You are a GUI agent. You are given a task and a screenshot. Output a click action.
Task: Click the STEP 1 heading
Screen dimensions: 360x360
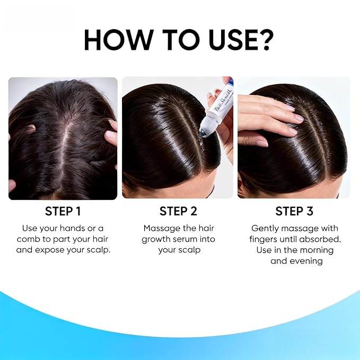[x=63, y=211]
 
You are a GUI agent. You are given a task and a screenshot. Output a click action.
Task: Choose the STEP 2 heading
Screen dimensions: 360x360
[x=178, y=211]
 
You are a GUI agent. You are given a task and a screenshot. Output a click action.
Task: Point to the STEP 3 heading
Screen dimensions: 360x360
[x=294, y=211]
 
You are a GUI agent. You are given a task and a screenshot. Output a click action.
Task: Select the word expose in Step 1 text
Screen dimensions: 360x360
[x=73, y=249]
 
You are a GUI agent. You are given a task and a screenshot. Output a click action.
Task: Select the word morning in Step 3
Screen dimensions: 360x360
[x=316, y=250]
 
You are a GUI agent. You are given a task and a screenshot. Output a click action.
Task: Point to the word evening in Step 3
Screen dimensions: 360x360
[x=305, y=261]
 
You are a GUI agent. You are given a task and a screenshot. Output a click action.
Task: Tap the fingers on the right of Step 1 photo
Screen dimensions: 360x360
[x=111, y=133]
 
